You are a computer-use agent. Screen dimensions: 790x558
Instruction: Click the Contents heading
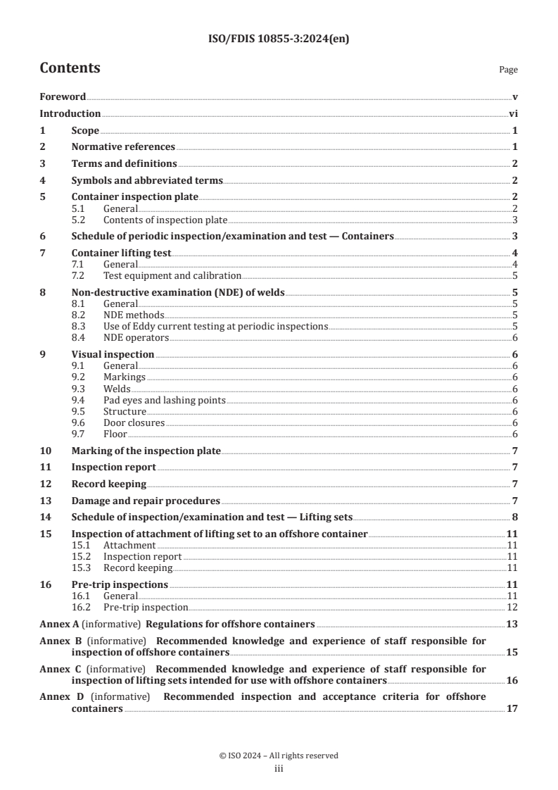70,68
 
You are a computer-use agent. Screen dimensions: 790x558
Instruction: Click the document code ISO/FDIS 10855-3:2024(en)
279,39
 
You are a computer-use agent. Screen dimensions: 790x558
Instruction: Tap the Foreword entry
63,96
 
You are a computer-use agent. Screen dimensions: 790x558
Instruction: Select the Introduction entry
70,113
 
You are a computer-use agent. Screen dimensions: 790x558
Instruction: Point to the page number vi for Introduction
513,113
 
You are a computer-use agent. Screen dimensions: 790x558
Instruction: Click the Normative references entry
123,146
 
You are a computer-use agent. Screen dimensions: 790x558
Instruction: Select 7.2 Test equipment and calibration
172,275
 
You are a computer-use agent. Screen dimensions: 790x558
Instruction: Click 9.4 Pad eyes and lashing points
164,400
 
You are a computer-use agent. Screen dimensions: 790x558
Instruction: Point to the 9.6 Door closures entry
134,422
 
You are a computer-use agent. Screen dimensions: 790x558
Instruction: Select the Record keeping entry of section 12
109,484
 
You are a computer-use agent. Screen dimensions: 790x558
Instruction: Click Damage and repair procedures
146,501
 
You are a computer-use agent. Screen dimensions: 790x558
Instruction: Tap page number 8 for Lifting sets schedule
515,517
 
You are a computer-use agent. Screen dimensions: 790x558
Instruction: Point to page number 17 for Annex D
512,708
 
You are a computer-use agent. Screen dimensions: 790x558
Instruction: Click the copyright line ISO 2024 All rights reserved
279,755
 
